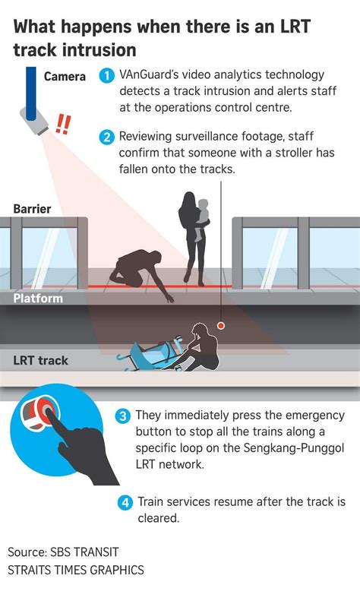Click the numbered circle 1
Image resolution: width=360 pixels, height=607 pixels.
108,76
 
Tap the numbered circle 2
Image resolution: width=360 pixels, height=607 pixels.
108,138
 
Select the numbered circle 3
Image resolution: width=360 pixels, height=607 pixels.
123,416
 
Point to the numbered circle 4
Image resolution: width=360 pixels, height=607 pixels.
125,502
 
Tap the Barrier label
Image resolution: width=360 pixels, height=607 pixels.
32,208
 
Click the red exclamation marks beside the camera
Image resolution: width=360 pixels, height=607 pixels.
65,123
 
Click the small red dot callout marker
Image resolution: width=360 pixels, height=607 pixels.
221,325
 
